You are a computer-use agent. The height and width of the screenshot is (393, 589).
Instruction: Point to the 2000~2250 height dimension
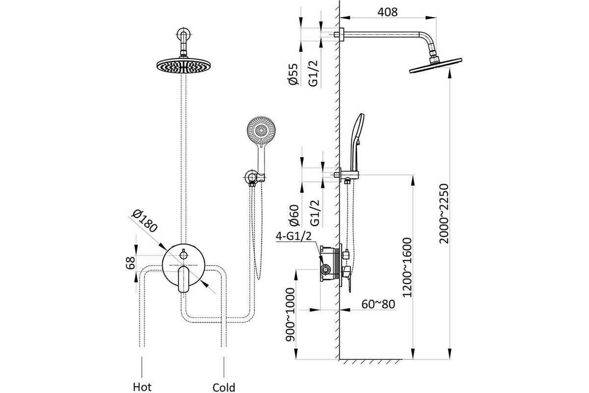point(444,214)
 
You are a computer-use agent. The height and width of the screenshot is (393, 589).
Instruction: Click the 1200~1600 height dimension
point(406,268)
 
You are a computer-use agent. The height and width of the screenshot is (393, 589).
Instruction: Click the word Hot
point(142,387)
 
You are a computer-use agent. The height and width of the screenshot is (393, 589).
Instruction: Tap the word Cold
point(224,387)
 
